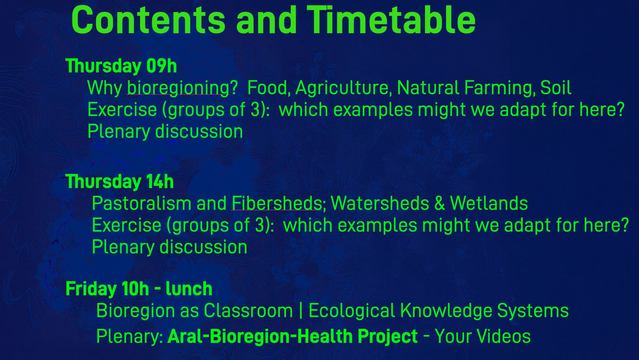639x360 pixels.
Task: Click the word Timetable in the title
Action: pyautogui.click(x=391, y=20)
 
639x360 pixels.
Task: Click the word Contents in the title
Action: pyautogui.click(x=148, y=20)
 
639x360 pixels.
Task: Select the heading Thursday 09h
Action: pyautogui.click(x=121, y=66)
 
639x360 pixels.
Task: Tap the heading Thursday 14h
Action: pyautogui.click(x=119, y=181)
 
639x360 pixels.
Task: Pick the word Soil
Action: pyautogui.click(x=556, y=88)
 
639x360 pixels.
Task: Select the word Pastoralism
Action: pyautogui.click(x=141, y=203)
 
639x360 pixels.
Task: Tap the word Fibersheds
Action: pyautogui.click(x=277, y=203)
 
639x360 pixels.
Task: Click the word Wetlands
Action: pyautogui.click(x=489, y=203)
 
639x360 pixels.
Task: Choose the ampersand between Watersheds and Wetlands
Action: pyautogui.click(x=440, y=203)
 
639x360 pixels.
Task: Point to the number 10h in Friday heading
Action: pyautogui.click(x=135, y=289)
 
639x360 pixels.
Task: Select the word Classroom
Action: pyautogui.click(x=248, y=310)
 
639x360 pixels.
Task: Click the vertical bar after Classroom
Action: pyautogui.click(x=301, y=310)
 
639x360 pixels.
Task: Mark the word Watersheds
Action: pyautogui.click(x=380, y=203)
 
